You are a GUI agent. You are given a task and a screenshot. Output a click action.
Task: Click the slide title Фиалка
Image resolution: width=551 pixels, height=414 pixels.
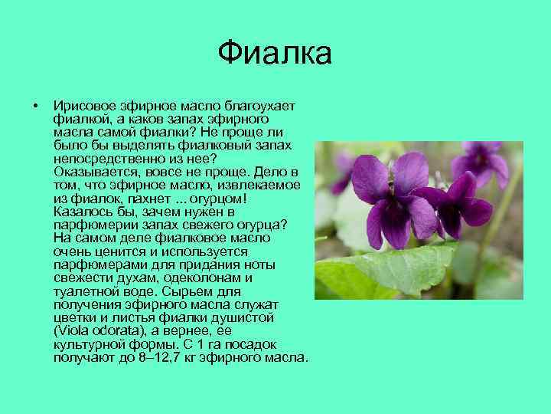[275, 54]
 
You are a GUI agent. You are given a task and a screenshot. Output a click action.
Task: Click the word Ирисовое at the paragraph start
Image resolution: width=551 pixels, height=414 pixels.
[80, 106]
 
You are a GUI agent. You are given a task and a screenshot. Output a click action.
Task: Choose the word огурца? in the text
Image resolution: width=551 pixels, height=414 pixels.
[262, 224]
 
